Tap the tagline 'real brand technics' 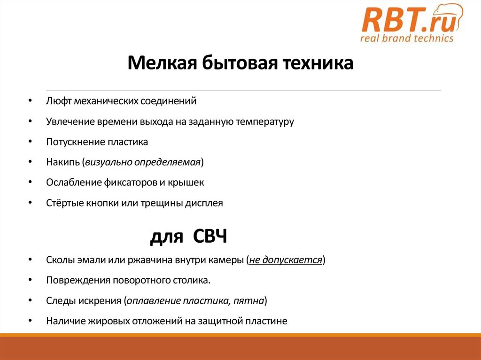tap(407, 38)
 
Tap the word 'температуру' tap(265, 122)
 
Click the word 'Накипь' tap(62, 162)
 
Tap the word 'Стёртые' tap(64, 203)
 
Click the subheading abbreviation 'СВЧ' tap(210, 237)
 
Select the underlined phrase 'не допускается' tap(285, 260)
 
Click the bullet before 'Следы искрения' tap(31, 300)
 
